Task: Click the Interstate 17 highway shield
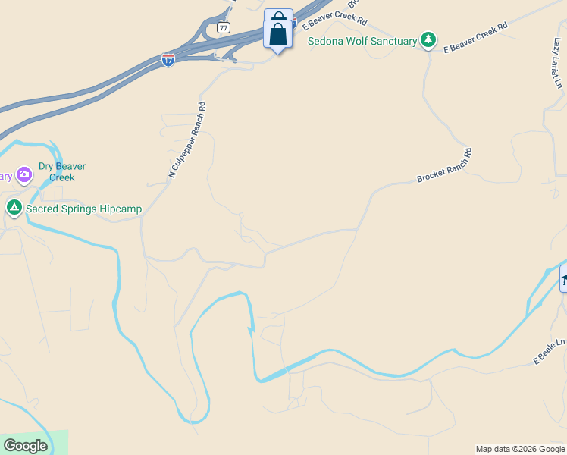click(x=168, y=59)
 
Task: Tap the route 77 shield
click(x=223, y=27)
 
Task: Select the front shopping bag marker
click(x=278, y=35)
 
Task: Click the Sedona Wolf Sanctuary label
click(x=362, y=41)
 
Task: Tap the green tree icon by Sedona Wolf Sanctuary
click(x=428, y=39)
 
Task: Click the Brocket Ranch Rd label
click(x=444, y=165)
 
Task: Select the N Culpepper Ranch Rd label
click(x=187, y=140)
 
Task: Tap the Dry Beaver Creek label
click(x=62, y=171)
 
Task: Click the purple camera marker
click(x=24, y=174)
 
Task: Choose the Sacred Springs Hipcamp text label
click(x=83, y=209)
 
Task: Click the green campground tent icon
click(x=14, y=206)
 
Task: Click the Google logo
click(x=25, y=446)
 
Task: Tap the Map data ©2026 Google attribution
click(x=520, y=449)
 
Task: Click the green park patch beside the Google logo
click(x=58, y=441)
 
